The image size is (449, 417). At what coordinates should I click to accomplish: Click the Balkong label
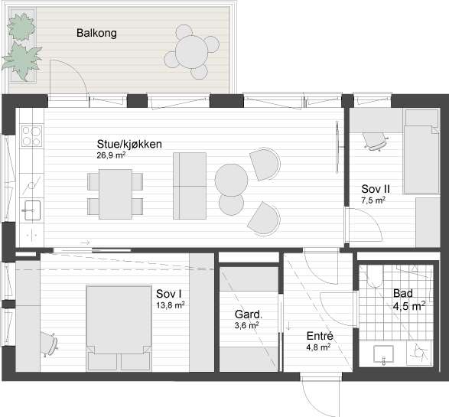[x=96, y=33]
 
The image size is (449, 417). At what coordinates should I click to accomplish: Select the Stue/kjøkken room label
[x=129, y=144]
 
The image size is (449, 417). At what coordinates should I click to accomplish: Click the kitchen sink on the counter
[x=31, y=207]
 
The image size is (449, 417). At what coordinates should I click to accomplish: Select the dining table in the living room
[x=116, y=194]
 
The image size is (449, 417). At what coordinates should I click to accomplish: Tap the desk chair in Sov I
[x=49, y=343]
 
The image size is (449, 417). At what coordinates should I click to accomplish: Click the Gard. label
[x=249, y=314]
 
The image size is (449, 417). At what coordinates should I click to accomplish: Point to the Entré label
[x=319, y=336]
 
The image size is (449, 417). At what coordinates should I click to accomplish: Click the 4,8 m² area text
[x=318, y=347]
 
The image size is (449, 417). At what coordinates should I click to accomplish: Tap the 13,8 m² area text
[x=170, y=304]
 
